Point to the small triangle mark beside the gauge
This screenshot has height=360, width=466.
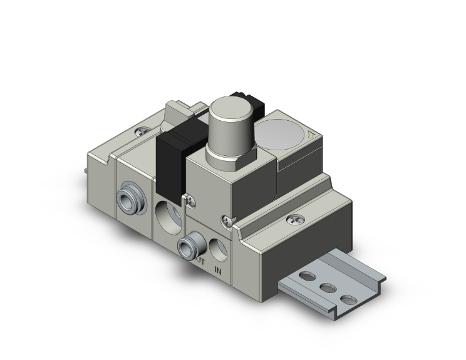click(x=312, y=134)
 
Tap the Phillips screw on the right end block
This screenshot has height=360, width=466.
click(x=294, y=220)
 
